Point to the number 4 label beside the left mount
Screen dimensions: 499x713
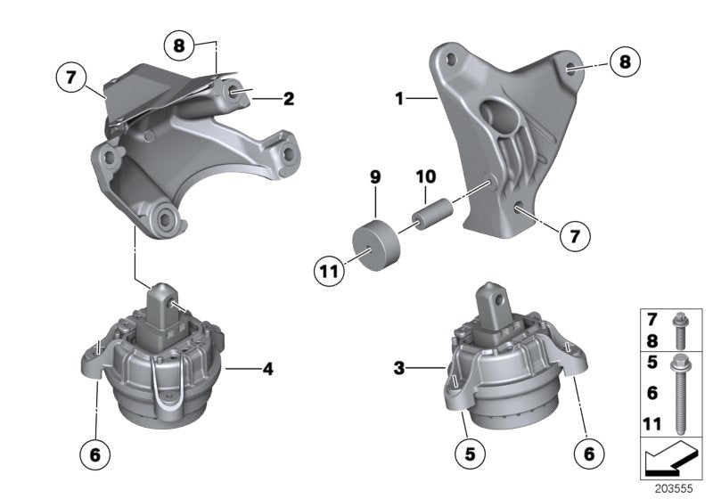tap(266, 365)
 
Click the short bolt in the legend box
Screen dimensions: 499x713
tap(679, 328)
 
